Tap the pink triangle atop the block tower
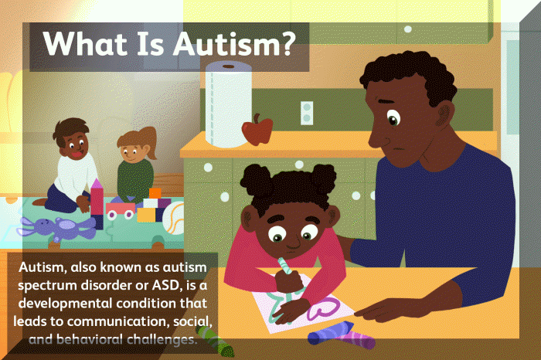pos(97,185)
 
